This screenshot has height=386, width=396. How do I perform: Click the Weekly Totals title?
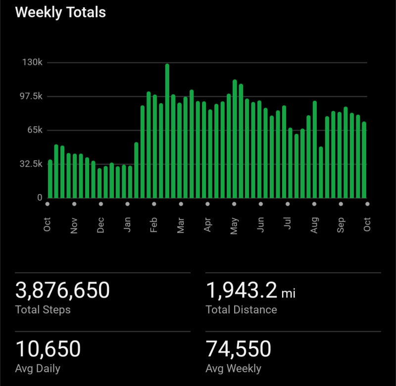[60, 13]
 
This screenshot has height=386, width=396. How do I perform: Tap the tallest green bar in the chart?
[167, 131]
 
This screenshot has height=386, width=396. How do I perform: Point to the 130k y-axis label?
[32, 63]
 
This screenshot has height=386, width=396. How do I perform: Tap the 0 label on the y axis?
[40, 197]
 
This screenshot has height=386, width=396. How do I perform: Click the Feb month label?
[154, 224]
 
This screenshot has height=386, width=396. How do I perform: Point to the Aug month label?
[314, 224]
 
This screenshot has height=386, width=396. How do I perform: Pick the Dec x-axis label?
[100, 224]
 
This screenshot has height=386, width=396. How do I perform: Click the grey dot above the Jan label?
[128, 203]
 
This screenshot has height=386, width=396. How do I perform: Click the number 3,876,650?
[62, 290]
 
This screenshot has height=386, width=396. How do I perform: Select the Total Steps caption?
[43, 310]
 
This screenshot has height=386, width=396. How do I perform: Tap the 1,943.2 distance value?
[241, 290]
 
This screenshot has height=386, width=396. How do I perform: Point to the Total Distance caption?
[241, 310]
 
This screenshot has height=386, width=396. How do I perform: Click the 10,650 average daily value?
[48, 349]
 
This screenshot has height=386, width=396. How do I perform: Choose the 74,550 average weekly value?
[238, 349]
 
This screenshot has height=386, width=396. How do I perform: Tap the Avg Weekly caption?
[233, 369]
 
